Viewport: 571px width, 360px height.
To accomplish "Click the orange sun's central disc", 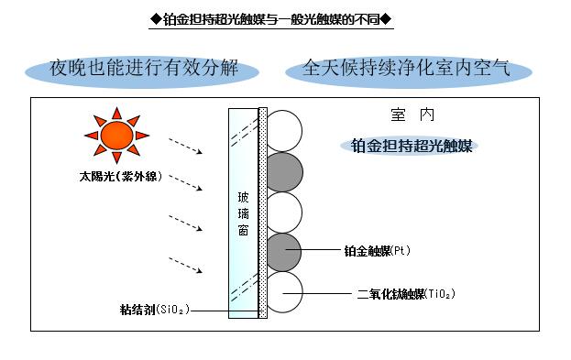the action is tap(116, 136).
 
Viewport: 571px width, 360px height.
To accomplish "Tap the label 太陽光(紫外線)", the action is tap(121, 177).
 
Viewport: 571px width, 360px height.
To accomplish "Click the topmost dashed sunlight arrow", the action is tap(185, 146).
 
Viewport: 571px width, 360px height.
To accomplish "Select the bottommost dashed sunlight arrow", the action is tap(185, 265).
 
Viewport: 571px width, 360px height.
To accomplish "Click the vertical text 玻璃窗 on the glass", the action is tap(243, 213).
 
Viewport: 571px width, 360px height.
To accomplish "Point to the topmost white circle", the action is tap(284, 131).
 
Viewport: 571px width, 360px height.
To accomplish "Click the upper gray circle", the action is tap(284, 172).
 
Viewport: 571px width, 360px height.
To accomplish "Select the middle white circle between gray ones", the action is tap(284, 213).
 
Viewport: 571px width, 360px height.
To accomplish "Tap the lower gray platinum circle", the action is tap(284, 252).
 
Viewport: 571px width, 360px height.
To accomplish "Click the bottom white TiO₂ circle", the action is tap(284, 292).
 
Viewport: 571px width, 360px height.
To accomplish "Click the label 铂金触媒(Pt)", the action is tap(378, 251).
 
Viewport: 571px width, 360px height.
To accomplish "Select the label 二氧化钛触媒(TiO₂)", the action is tap(406, 294).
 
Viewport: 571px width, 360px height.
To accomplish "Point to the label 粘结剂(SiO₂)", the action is tap(155, 310).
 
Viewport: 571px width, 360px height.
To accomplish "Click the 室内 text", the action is tap(412, 115).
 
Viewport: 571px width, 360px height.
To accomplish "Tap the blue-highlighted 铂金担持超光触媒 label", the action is tap(412, 146).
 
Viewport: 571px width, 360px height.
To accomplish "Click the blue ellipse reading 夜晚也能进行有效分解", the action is tap(142, 71).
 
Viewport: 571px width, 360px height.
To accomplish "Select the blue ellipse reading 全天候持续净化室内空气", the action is tap(409, 71).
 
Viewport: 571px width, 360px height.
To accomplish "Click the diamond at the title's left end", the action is tap(156, 19).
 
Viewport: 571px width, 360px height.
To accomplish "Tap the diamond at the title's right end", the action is tap(386, 19).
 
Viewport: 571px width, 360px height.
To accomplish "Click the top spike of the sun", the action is tap(116, 114).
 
